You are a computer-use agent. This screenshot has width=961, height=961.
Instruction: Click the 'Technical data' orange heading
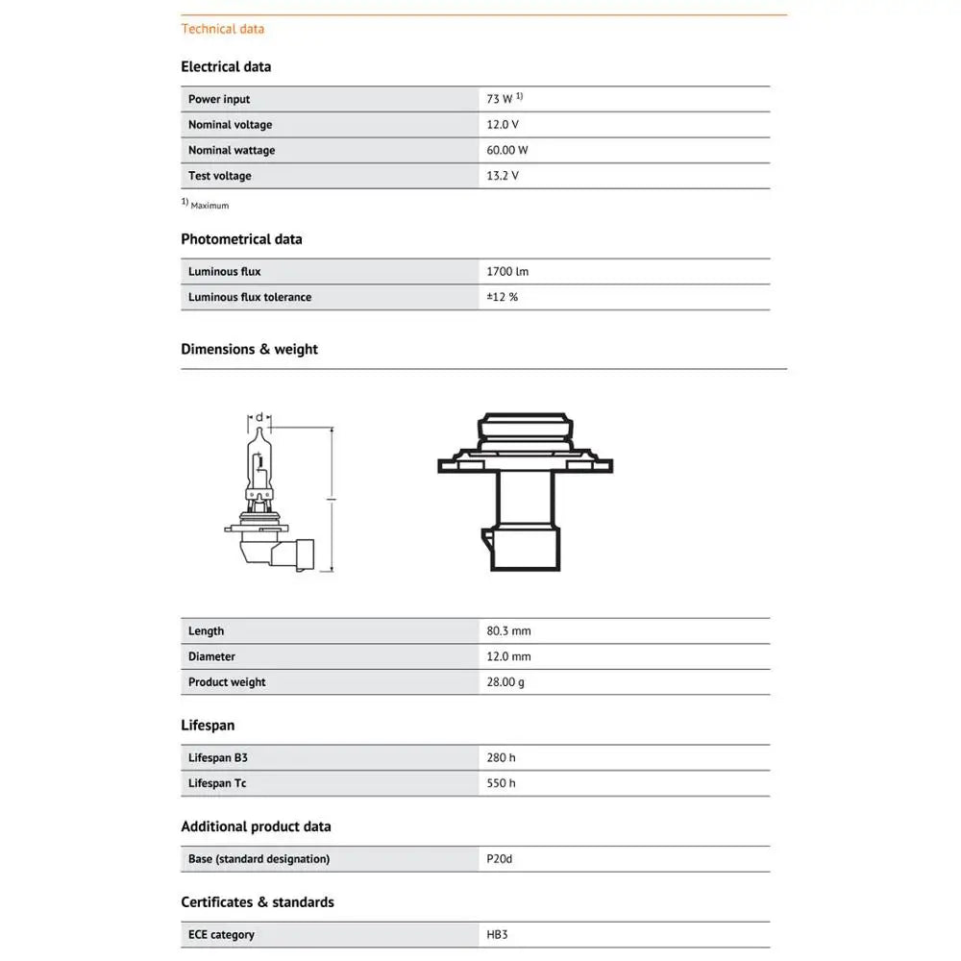pos(222,29)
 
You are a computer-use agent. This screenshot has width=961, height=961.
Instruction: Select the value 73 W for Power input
pos(501,99)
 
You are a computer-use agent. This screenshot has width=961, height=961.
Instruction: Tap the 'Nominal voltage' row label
pos(230,125)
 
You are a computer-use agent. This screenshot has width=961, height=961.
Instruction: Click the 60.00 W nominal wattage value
pos(507,151)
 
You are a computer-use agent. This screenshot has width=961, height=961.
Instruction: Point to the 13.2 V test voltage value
pos(503,176)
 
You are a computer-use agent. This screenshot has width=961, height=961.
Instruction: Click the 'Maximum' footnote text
pos(209,206)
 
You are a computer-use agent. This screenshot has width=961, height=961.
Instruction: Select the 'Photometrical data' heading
pos(241,239)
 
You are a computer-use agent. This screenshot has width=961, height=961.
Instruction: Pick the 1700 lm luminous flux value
pos(507,272)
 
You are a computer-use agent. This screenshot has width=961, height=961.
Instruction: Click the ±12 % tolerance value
pos(503,298)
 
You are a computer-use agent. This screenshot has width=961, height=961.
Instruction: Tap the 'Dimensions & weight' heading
pos(249,350)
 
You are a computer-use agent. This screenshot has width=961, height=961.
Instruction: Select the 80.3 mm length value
pos(508,631)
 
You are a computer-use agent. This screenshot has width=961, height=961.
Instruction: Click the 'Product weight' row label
pos(227,682)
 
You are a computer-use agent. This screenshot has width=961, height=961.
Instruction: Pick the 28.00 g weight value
pos(505,682)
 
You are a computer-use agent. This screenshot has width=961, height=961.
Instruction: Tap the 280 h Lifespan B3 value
pos(501,758)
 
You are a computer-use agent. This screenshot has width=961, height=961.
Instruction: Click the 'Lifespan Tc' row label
pos(217,784)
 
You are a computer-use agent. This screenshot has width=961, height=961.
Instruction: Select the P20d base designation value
pos(500,859)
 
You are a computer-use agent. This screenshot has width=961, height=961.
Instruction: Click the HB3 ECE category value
pos(497,935)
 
